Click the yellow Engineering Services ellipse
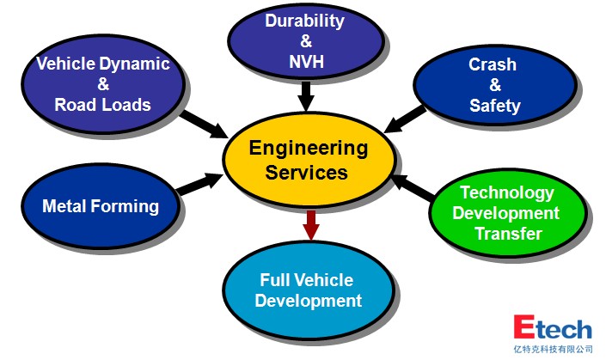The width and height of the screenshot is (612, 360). (309, 160)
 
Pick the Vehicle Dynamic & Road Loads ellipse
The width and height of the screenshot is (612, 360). (102, 84)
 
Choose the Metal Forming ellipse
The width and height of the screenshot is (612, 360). (101, 206)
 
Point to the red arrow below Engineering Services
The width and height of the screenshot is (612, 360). (311, 226)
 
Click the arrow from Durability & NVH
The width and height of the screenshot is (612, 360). (305, 95)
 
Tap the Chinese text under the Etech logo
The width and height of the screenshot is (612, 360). (553, 349)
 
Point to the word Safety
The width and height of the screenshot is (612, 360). (494, 107)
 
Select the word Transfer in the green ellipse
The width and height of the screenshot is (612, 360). (508, 234)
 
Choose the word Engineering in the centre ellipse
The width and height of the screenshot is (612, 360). (309, 148)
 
